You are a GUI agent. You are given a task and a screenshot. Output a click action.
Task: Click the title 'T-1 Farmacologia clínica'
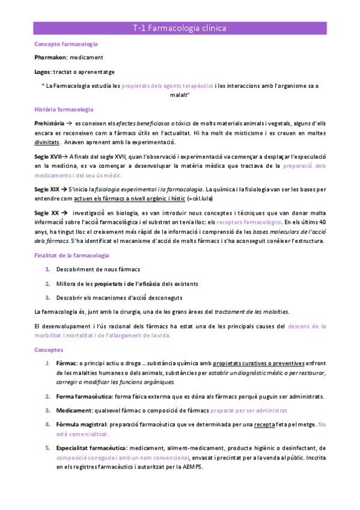click(180, 28)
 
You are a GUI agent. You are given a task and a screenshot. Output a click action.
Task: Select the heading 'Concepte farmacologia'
click(67, 45)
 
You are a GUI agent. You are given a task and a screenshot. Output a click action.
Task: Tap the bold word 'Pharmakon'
click(50, 58)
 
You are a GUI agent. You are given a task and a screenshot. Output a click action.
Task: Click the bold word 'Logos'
click(43, 71)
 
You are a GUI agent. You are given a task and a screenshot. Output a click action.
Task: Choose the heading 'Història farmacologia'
click(64, 109)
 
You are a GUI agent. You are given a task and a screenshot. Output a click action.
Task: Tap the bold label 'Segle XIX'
click(48, 189)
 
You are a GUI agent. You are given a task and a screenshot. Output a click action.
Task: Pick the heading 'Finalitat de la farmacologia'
click(72, 256)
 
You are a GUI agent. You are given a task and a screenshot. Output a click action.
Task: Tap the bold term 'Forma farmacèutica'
click(82, 396)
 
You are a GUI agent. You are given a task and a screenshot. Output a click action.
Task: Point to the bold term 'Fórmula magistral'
click(81, 424)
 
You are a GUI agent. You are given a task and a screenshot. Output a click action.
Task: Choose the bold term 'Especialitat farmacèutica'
click(91, 447)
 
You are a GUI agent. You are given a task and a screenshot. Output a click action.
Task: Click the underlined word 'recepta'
click(264, 424)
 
